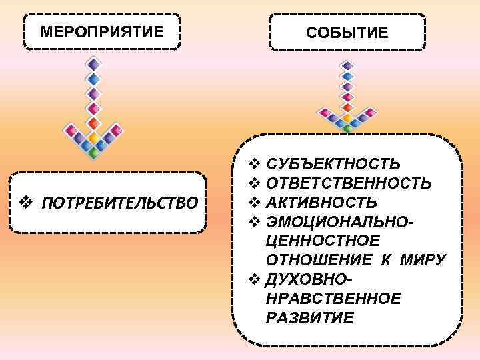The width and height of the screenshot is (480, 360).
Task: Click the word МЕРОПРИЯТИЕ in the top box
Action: point(101,32)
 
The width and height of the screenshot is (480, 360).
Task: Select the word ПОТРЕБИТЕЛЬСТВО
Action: point(119,202)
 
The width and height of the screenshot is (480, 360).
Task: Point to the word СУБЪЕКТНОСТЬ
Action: point(333,163)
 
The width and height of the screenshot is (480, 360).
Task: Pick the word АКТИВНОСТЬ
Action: point(321,202)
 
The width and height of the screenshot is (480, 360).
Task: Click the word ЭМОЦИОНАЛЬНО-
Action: point(340,221)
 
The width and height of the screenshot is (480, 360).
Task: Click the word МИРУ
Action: point(422,259)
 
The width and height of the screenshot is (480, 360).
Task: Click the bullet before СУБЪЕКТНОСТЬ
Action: point(253,163)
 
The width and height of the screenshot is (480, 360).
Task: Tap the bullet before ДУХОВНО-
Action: point(253,279)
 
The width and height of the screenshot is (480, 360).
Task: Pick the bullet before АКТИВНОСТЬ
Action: point(253,202)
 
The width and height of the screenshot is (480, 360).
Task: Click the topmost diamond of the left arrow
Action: point(94,64)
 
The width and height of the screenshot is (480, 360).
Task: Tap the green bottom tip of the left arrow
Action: point(94,153)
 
